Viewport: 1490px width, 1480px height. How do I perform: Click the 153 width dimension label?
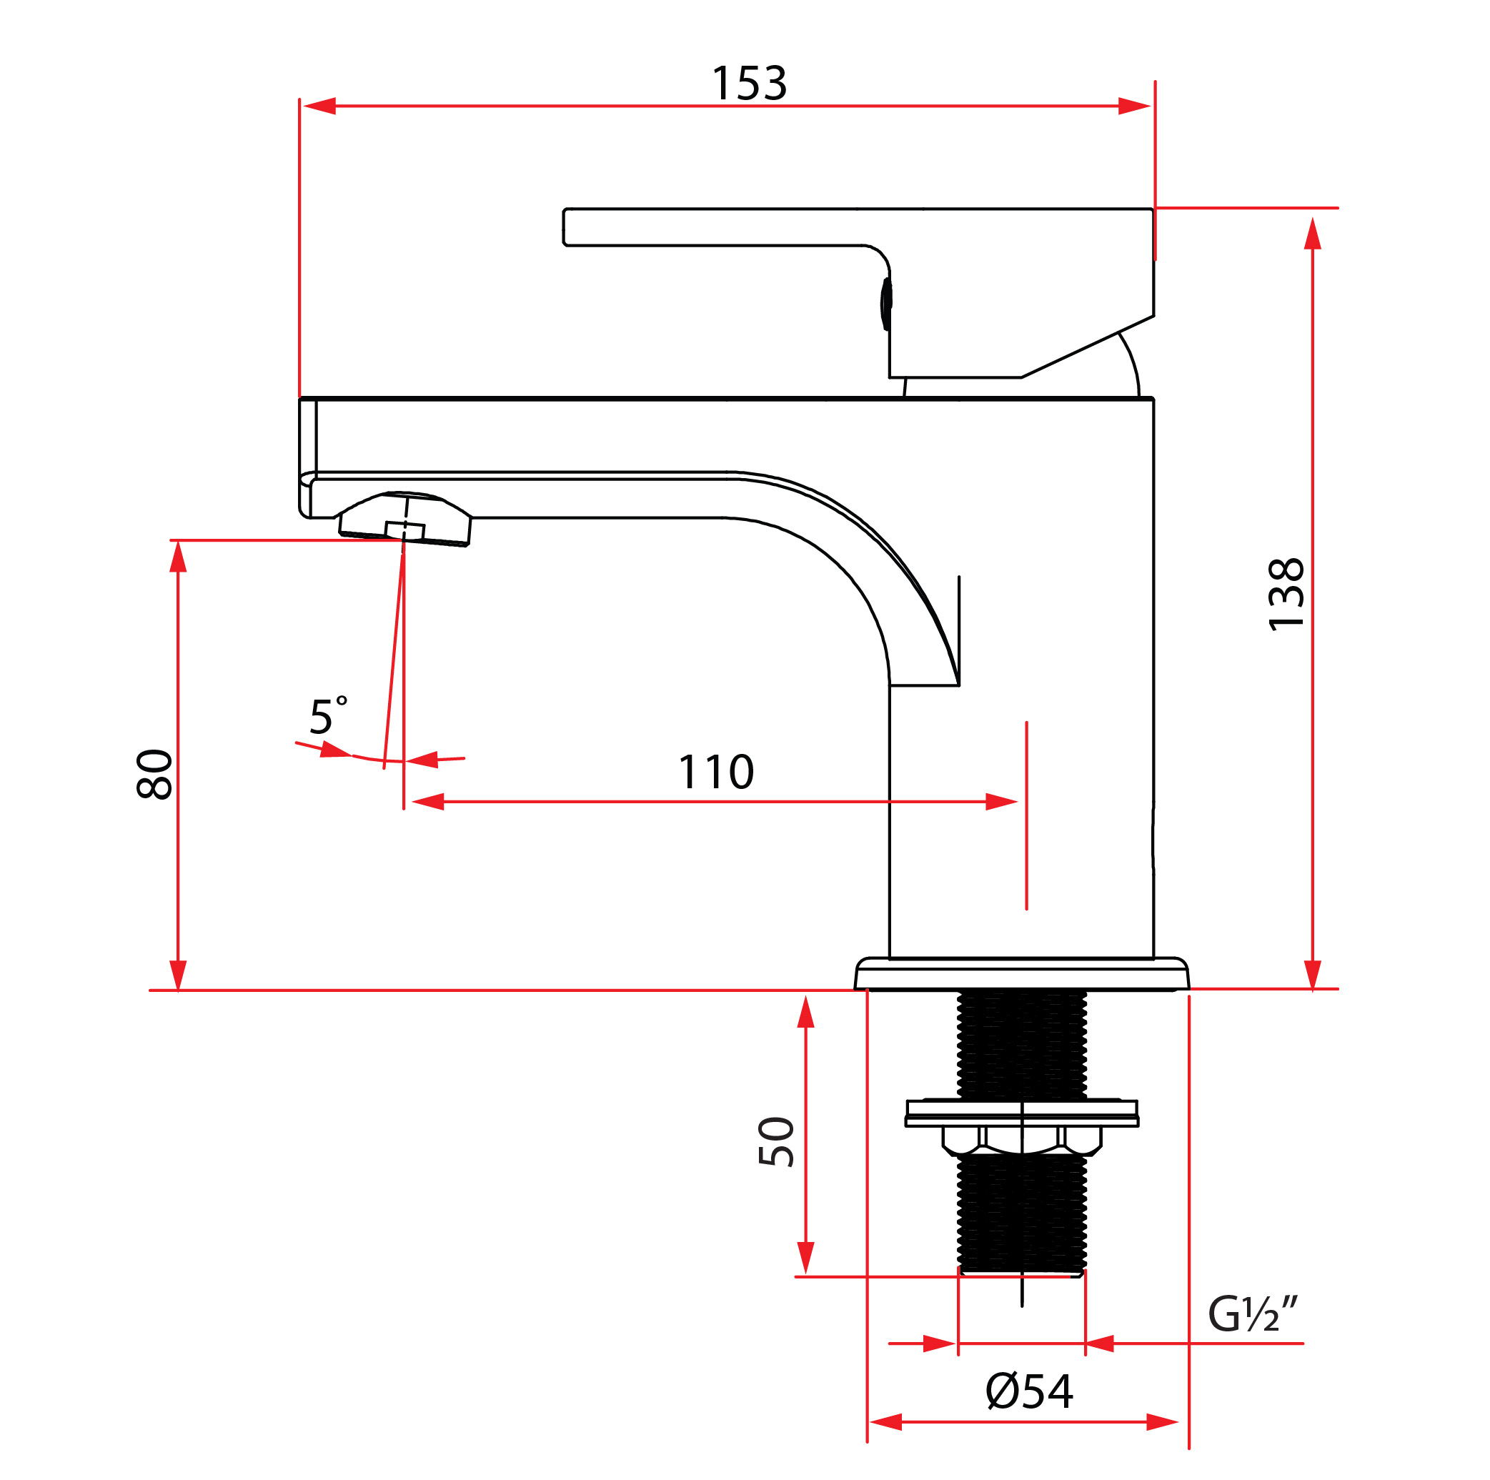point(749,84)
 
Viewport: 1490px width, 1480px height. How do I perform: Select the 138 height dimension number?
point(1286,595)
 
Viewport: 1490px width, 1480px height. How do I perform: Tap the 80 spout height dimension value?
point(154,775)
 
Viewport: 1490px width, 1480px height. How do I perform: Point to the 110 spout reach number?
point(715,772)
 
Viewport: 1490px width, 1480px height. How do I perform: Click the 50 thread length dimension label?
point(776,1141)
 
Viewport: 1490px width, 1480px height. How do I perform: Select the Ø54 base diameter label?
point(1030,1392)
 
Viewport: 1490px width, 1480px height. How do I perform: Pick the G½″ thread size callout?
point(1253,1313)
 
